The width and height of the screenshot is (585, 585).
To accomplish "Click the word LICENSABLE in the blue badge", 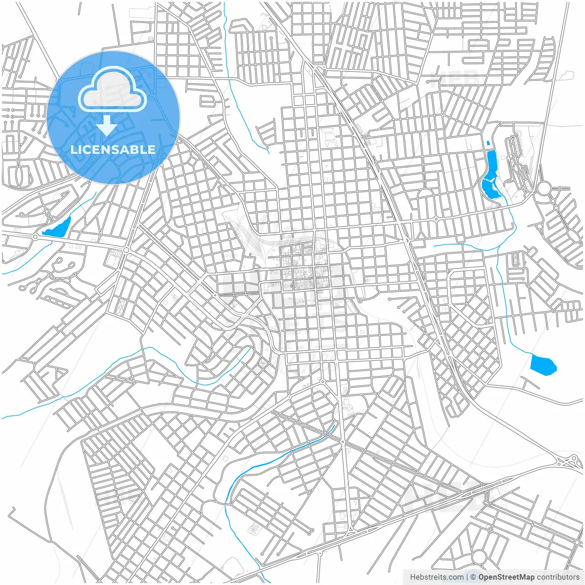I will (112, 149).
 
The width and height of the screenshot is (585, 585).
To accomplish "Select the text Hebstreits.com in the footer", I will (436, 577).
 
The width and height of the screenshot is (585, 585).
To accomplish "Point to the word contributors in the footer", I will (558, 577).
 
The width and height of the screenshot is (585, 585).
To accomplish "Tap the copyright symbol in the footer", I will (473, 577).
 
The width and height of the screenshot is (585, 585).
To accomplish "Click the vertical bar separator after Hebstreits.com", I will (467, 577).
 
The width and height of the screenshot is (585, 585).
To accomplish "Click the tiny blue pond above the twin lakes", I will (489, 143).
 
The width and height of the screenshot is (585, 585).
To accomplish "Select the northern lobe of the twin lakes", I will (492, 163).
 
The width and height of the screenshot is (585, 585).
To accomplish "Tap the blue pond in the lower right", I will (542, 365).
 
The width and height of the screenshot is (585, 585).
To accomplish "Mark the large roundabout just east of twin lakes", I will (544, 188).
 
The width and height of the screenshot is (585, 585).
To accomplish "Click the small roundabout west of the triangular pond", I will (35, 236).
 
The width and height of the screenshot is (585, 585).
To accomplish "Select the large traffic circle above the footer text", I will (479, 556).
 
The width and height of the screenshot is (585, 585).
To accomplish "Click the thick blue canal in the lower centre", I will (292, 450).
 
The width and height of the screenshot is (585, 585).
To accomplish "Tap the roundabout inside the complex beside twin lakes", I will (517, 168).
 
